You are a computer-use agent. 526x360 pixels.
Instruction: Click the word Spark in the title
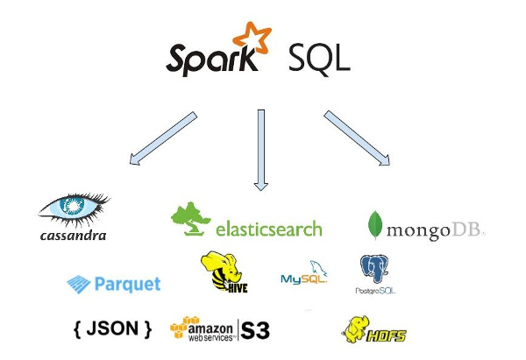(x=210, y=59)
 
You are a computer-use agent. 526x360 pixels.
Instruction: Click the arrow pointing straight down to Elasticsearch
(x=259, y=149)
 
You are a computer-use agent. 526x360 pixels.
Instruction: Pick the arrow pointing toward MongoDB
(x=357, y=138)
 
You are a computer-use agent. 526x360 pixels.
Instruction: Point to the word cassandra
(x=74, y=235)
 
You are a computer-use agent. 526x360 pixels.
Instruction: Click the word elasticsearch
(x=268, y=229)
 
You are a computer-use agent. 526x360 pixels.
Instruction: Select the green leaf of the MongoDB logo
(x=374, y=225)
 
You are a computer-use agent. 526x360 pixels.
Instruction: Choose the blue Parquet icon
(x=80, y=284)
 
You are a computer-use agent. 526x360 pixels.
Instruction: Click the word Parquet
(x=127, y=284)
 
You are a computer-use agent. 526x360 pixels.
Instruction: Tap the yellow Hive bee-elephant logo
(x=219, y=272)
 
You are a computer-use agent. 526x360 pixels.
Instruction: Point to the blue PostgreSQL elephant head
(x=374, y=268)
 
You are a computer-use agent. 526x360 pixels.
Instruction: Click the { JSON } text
(x=113, y=329)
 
